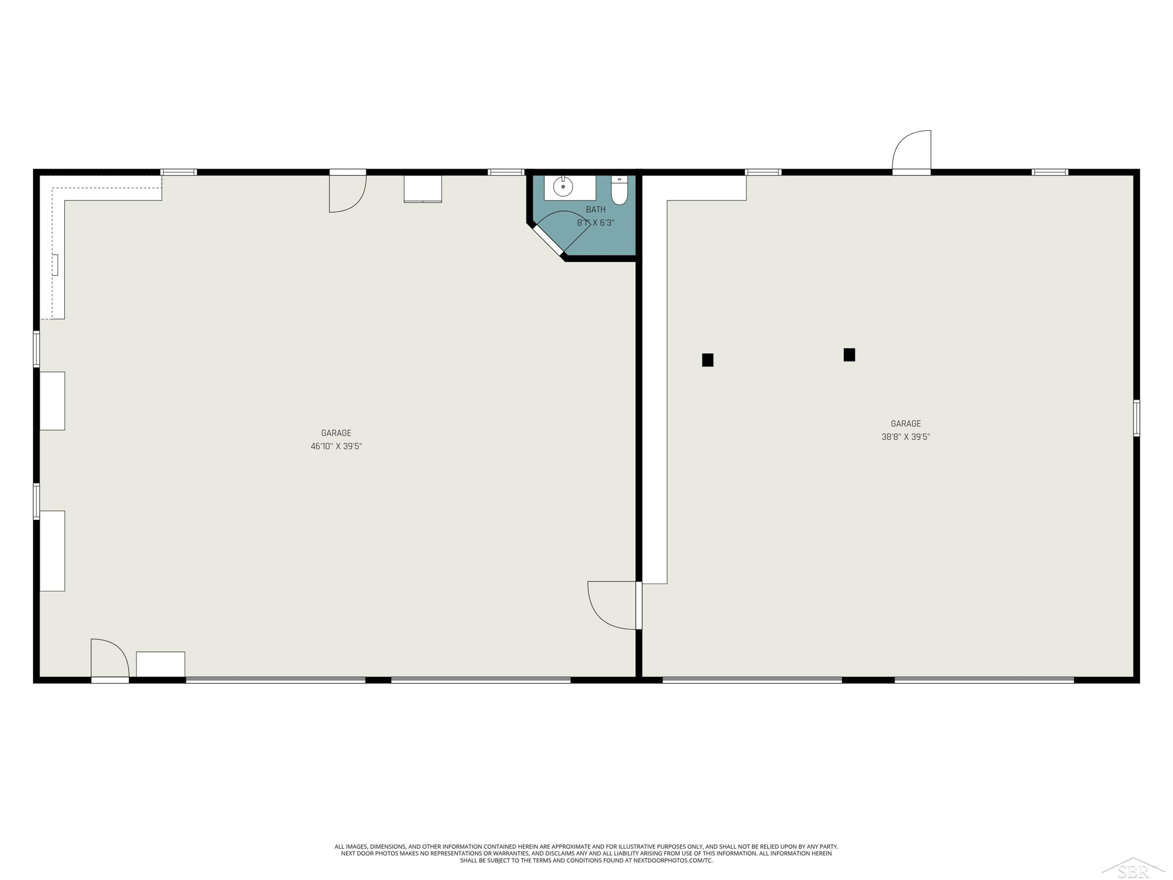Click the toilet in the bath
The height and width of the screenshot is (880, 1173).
tap(619, 190)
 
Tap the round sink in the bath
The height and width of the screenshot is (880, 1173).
tap(563, 187)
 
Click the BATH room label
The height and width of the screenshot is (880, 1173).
tap(595, 210)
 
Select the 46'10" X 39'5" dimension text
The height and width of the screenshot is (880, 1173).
tap(336, 446)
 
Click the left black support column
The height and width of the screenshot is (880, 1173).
tap(707, 360)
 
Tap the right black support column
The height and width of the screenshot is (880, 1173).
tap(849, 354)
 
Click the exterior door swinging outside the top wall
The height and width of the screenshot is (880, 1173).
tap(911, 152)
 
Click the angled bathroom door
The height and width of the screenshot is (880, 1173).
tap(561, 233)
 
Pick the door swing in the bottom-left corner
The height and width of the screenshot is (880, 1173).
tap(110, 661)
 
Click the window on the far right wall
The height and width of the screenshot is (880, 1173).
tap(1136, 418)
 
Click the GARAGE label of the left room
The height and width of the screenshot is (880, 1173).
tap(336, 433)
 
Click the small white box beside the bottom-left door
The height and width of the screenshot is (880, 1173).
tap(161, 664)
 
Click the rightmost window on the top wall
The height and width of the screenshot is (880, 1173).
tap(1049, 172)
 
